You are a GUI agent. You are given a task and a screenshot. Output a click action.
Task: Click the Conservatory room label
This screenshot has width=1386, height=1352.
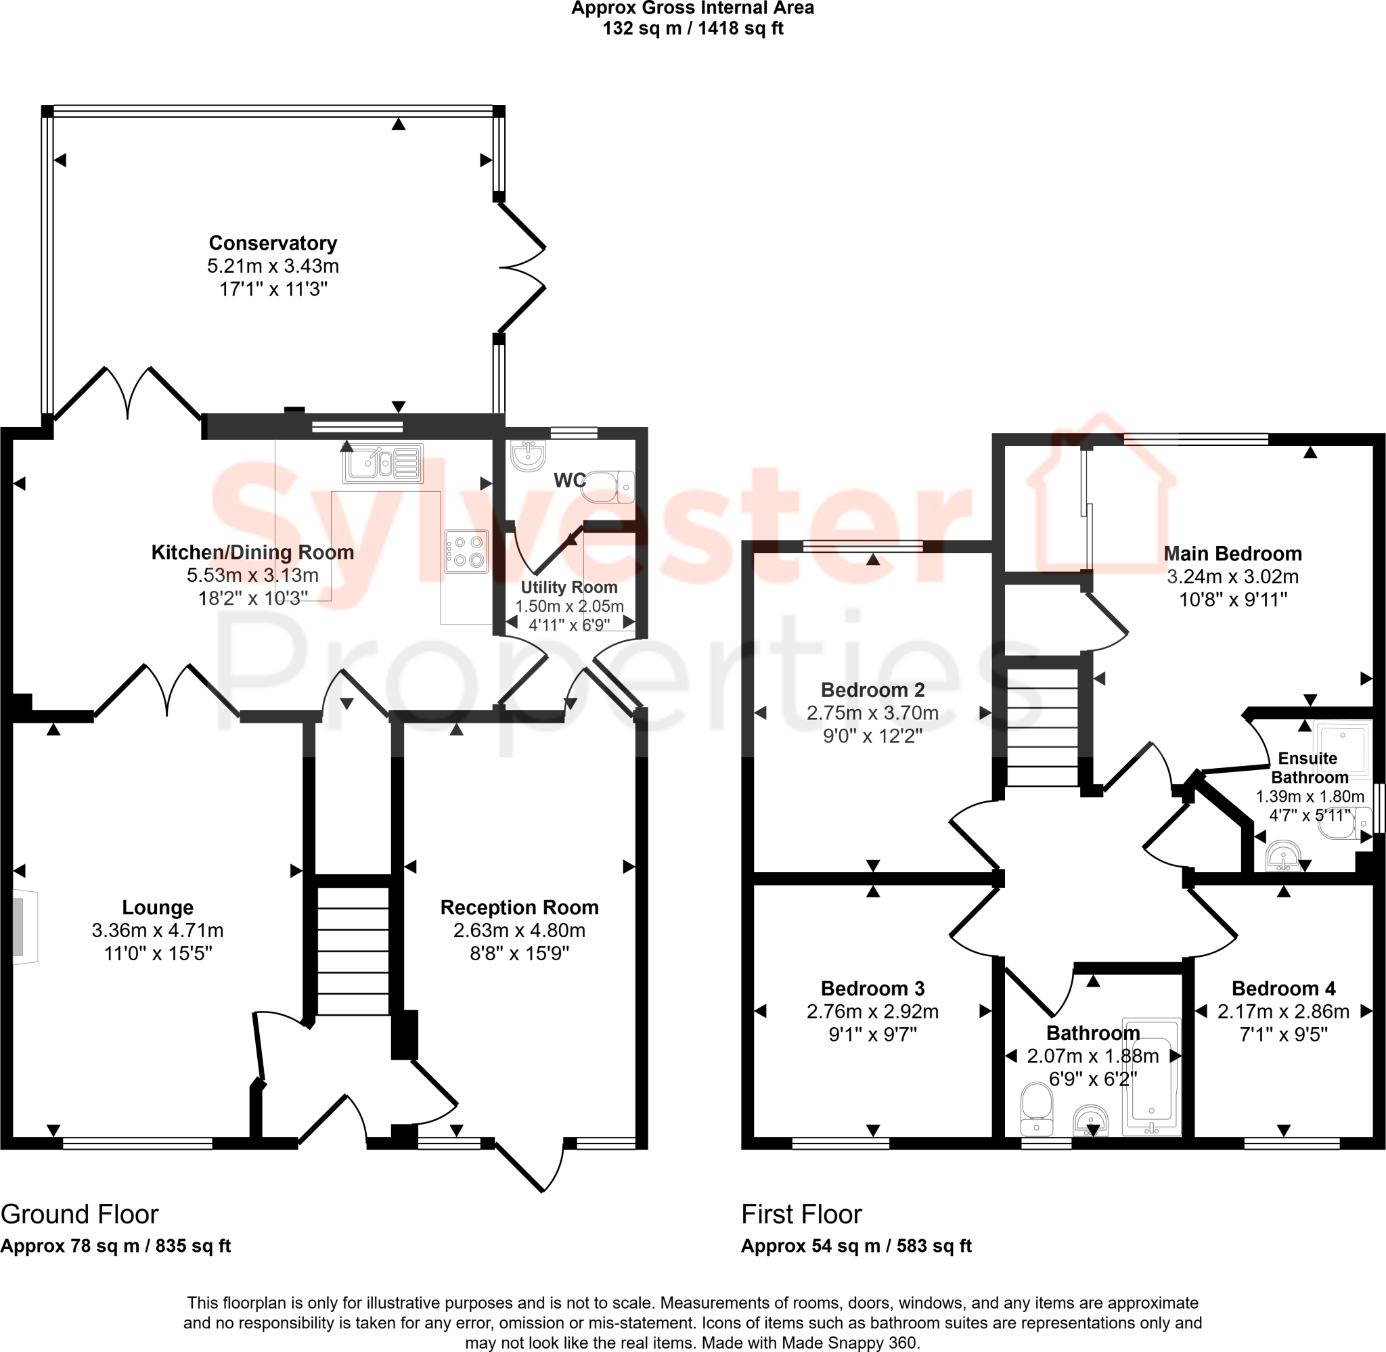pos(273,243)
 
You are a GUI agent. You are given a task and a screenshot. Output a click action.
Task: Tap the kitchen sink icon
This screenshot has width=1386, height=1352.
pos(383,463)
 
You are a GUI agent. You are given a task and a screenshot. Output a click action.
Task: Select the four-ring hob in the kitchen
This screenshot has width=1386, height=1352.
pos(466,551)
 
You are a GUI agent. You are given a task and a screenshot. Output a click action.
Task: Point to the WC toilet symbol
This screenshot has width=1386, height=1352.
pos(609,486)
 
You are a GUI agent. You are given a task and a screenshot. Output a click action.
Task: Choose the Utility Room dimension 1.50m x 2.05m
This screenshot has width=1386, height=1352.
pos(568,606)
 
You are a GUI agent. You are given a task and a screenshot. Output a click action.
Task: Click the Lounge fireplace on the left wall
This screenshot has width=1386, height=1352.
pos(25,926)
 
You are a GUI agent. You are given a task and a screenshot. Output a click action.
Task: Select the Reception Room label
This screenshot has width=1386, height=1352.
pos(519,907)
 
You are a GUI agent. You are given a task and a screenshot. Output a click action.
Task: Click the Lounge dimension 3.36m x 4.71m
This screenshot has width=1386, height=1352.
pos(158,930)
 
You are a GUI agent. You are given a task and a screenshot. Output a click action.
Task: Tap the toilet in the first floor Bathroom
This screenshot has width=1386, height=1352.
pos(1036,1108)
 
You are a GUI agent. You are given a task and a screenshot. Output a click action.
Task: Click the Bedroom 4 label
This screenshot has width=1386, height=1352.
pos(1283,989)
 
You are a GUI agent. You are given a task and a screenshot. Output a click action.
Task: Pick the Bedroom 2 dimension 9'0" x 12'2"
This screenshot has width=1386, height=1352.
pos(872,736)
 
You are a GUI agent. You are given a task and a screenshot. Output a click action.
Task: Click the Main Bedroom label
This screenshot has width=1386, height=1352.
pos(1232,554)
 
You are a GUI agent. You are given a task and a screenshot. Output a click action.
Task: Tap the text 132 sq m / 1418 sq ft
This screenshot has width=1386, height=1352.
pos(692,29)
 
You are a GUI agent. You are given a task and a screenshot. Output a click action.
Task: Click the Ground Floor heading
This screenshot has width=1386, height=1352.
pos(80,1214)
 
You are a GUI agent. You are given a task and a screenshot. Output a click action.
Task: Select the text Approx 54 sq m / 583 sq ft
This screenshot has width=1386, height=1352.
pos(855,1246)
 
